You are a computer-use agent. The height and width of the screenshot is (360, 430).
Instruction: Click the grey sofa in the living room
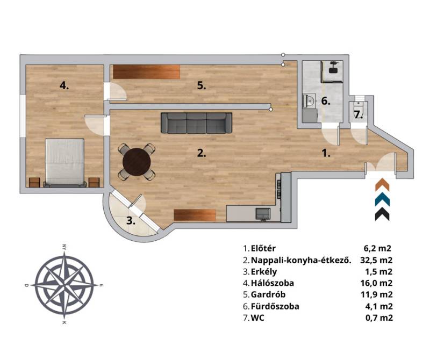(x=196, y=123)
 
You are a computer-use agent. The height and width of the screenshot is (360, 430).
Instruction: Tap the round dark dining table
(x=137, y=162)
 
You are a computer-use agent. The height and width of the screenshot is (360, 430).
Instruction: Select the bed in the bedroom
(x=64, y=163)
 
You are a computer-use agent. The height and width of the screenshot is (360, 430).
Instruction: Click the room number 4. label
(x=64, y=86)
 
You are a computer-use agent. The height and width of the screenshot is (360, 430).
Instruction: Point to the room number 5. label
(x=202, y=86)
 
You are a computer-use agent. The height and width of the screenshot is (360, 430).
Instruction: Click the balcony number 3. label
(x=131, y=221)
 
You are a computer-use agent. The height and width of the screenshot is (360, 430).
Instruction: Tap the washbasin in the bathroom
(x=310, y=101)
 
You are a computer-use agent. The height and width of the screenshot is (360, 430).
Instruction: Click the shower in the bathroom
(x=332, y=72)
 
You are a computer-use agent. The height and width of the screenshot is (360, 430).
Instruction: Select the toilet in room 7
(x=357, y=105)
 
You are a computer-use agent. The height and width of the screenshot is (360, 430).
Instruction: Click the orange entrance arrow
(x=382, y=184)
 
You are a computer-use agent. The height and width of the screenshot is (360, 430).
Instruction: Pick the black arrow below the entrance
(x=382, y=214)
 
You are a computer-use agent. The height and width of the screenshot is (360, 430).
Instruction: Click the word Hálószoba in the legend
(x=273, y=283)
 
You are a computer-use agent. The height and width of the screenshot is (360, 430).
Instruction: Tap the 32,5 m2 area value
(x=376, y=260)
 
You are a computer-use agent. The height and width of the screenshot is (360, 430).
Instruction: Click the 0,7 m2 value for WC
(x=378, y=318)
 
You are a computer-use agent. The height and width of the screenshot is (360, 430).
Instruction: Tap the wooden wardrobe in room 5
(x=147, y=72)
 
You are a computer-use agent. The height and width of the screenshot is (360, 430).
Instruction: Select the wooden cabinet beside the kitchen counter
(x=195, y=215)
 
